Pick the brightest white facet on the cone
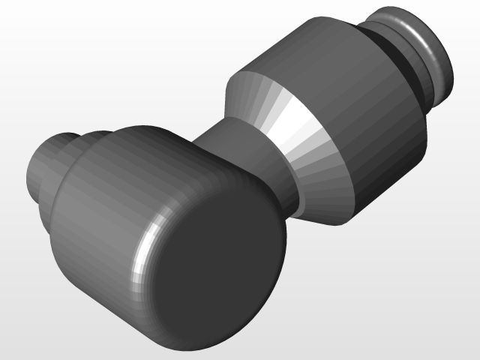pos(300,127)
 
